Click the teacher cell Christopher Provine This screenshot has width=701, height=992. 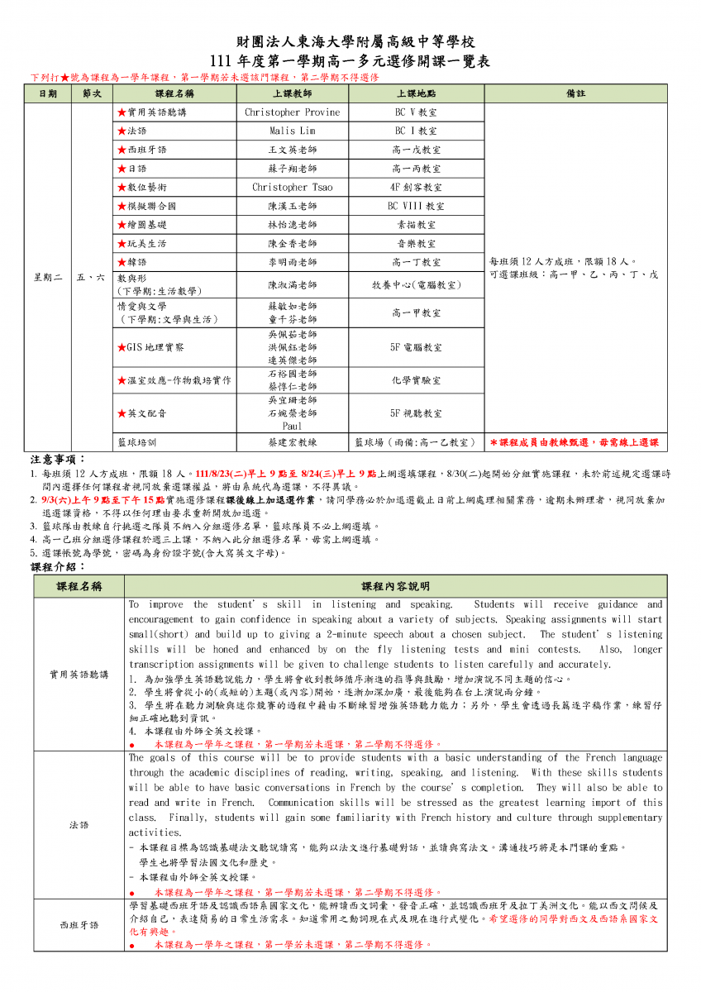[293, 112]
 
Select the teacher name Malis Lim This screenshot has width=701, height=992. [293, 131]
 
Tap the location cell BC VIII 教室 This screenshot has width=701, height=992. [416, 206]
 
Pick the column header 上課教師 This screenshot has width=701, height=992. [293, 94]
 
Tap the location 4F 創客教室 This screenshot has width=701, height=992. [416, 187]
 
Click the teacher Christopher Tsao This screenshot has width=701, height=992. [293, 187]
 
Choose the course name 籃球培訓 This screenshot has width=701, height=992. [137, 442]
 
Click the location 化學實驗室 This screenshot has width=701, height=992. [416, 380]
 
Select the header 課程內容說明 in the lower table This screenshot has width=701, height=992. [395, 586]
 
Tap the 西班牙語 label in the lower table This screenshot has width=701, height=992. [79, 924]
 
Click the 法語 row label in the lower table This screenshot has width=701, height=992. [79, 825]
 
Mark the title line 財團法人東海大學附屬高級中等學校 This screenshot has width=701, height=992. [350, 43]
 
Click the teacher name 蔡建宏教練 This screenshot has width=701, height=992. [293, 442]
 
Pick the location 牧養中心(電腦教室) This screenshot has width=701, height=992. [416, 285]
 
